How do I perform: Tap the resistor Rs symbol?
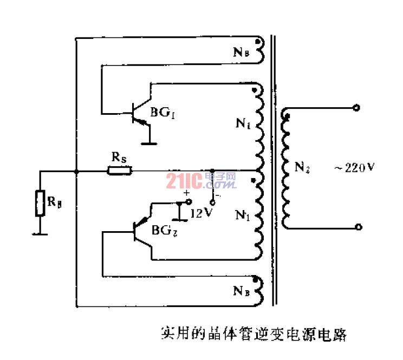(x=119, y=171)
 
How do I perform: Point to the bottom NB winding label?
(x=240, y=291)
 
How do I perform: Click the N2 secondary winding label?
(x=302, y=168)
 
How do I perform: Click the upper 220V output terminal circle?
(x=356, y=108)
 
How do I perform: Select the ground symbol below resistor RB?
(x=40, y=234)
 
